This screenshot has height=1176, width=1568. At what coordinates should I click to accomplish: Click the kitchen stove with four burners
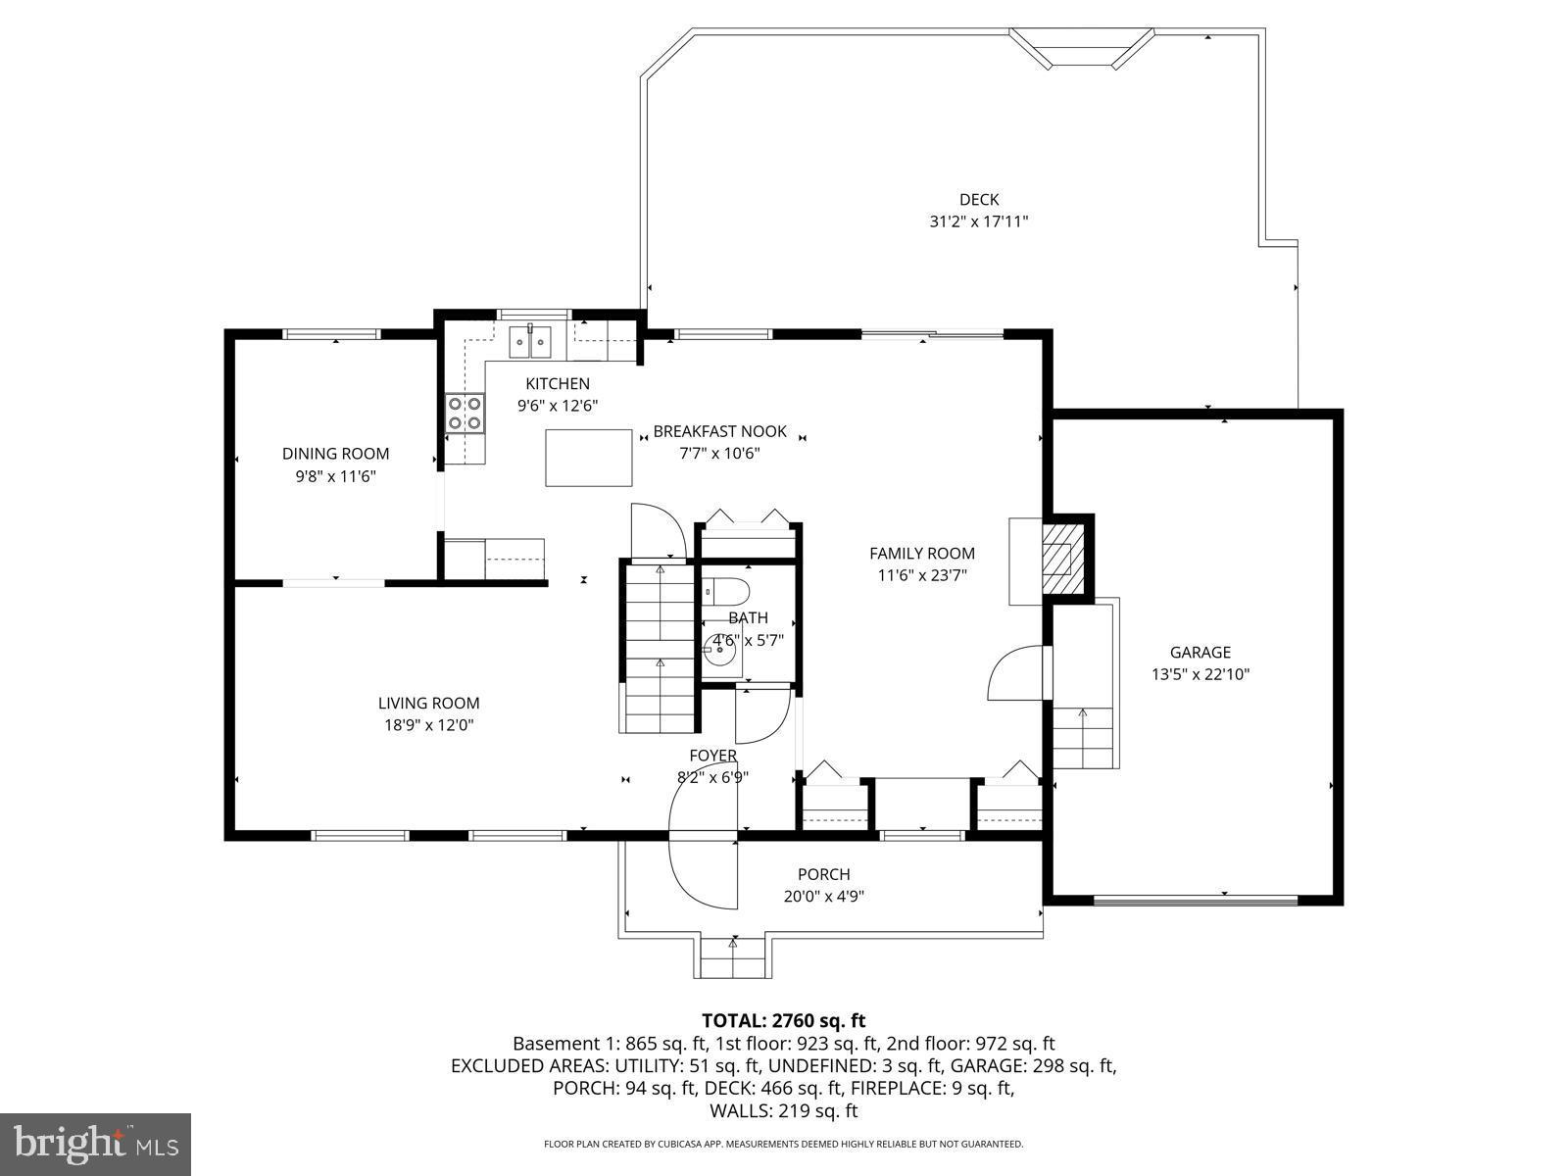point(465,413)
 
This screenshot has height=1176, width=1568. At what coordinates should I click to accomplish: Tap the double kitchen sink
point(530,341)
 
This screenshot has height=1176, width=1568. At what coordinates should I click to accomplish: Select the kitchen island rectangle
point(588,457)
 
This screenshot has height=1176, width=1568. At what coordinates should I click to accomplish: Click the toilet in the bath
point(726,592)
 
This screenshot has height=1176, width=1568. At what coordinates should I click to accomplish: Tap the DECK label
point(978,200)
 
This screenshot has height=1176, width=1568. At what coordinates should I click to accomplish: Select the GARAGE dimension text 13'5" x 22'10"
point(1200,674)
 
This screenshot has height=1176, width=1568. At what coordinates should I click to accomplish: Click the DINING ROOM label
point(335,454)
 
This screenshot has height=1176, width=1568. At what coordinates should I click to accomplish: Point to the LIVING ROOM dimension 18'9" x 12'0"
point(428,725)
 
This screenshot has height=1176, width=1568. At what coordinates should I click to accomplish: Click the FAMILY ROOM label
point(921,554)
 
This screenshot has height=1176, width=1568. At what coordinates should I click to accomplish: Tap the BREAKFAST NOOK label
point(719,431)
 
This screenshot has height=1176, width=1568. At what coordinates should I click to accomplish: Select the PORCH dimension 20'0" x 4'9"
point(823,896)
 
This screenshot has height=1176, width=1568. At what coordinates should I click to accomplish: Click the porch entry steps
point(732,956)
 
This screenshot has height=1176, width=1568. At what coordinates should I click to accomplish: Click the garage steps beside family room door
point(1083,737)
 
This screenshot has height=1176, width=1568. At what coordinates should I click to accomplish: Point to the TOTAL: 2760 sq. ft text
point(783,1021)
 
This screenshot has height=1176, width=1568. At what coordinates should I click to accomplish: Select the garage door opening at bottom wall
point(1195,898)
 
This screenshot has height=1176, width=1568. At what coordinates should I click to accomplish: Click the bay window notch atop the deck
point(1082,48)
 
